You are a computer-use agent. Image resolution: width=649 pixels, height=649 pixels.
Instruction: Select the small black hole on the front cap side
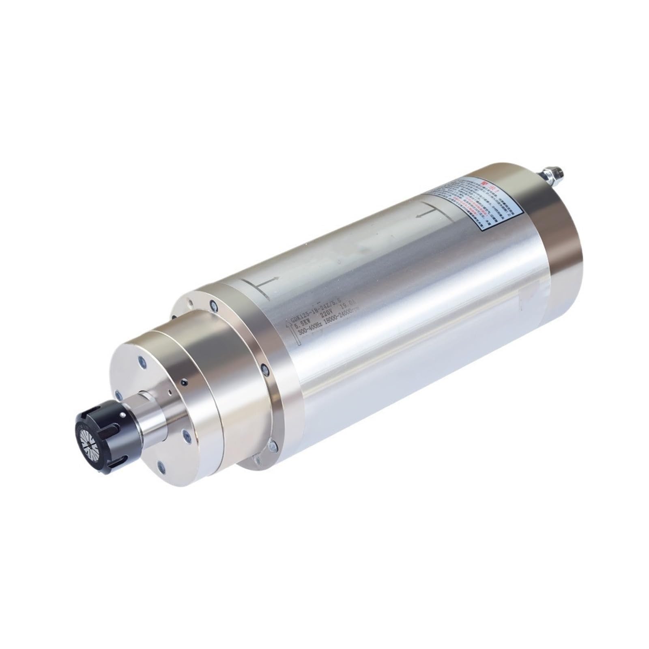pyautogui.click(x=185, y=383)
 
